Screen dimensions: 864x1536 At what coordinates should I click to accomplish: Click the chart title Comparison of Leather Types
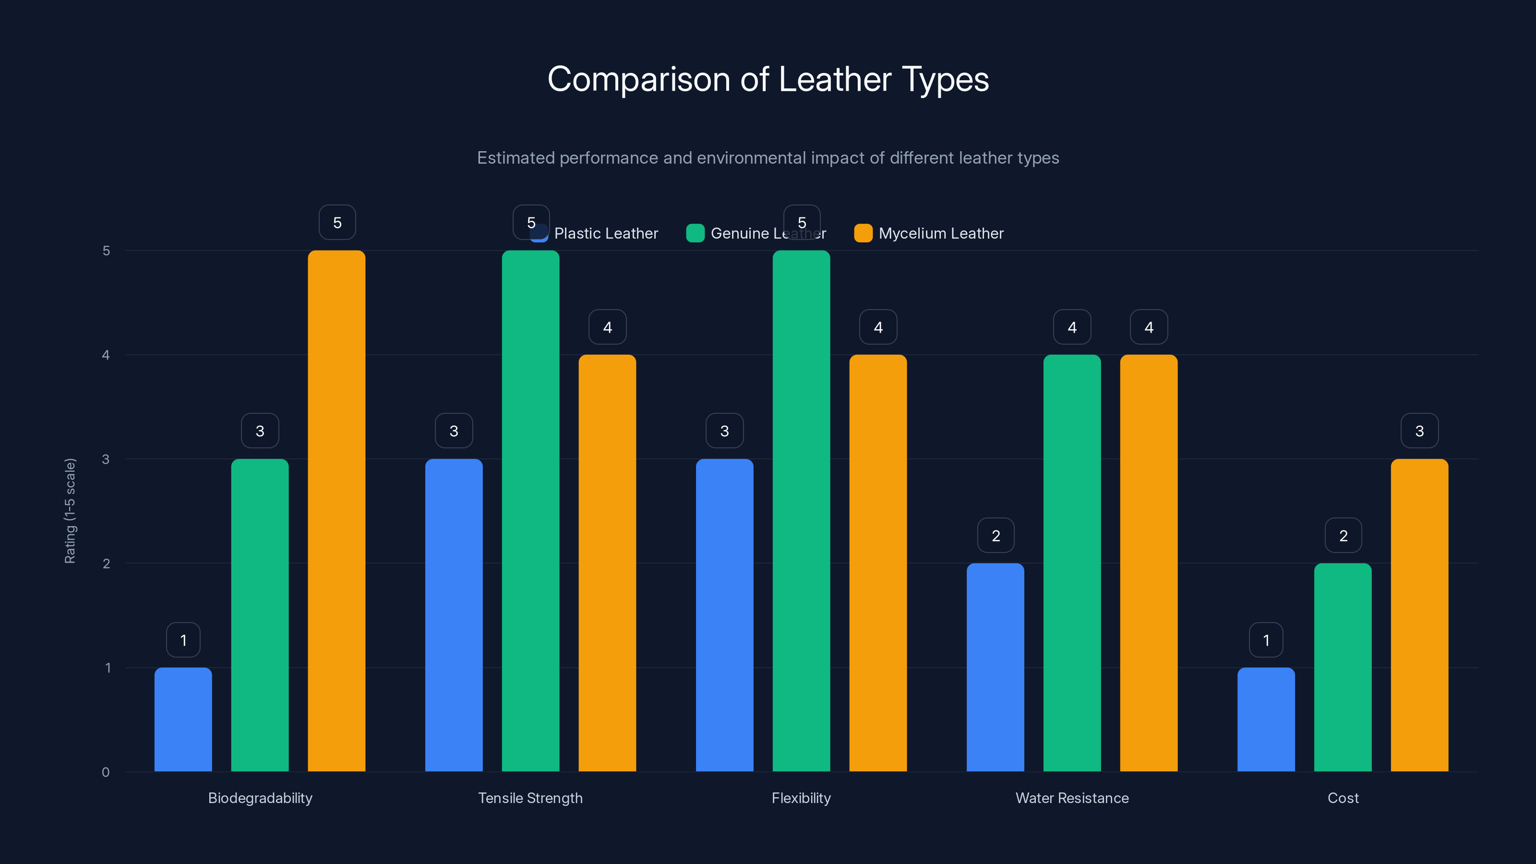(768, 79)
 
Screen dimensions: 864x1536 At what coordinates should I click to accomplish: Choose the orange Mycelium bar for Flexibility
(878, 563)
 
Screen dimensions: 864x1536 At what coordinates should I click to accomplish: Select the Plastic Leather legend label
(606, 233)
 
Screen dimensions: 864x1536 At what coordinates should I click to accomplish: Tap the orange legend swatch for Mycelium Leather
(863, 233)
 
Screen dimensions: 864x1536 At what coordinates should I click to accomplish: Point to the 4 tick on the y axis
(106, 355)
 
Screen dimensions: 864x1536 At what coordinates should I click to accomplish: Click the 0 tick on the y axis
(106, 772)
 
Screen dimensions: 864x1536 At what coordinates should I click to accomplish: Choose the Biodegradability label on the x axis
(260, 798)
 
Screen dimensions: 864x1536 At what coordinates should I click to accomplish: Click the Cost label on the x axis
(1343, 798)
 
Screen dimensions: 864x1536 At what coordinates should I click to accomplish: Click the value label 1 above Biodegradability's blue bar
(183, 640)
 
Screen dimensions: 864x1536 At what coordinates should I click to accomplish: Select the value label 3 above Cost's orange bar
(1419, 431)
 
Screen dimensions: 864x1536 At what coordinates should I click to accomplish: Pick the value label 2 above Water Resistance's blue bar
(995, 536)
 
